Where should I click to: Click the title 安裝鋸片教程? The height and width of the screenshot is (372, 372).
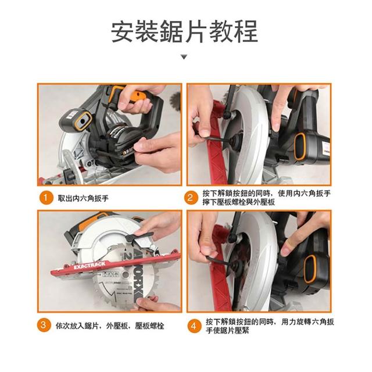[184, 31]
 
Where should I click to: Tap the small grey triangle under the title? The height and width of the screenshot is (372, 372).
[184, 57]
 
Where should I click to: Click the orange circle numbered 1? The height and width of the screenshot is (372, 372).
[46, 198]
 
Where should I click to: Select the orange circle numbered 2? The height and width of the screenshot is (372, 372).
[190, 198]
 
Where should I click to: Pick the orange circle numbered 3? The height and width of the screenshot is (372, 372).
[44, 325]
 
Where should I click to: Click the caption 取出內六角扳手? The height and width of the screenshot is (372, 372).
[83, 198]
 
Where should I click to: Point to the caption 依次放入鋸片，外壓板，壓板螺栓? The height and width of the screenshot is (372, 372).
[110, 325]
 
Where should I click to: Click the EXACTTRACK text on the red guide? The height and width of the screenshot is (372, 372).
[90, 266]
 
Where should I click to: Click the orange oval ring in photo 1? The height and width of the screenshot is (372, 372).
[83, 121]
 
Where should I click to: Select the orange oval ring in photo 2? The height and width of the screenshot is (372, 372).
[300, 146]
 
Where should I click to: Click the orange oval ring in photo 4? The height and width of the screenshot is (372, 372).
[310, 269]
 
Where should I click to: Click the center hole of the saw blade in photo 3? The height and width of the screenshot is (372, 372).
[126, 275]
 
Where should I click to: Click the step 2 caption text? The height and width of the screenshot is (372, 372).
[266, 198]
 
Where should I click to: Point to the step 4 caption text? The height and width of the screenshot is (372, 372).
[270, 326]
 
